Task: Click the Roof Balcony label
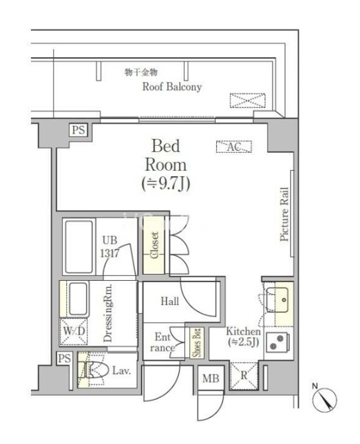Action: pos(172,87)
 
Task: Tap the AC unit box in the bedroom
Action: pos(233,147)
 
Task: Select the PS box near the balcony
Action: pos(78,130)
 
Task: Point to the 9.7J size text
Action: pos(166,184)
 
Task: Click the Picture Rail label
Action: pos(284,214)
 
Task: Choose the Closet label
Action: pos(155,245)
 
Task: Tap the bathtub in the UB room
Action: pos(79,246)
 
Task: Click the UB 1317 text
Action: pos(110,247)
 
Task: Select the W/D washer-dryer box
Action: pos(74,331)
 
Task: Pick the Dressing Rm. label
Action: pos(107,313)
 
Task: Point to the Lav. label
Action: pos(122,370)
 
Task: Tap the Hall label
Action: pos(170,301)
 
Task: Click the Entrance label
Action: pos(162,342)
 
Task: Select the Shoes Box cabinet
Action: pos(197,343)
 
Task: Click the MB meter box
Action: pos(211,378)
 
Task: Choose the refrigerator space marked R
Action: pos(244,376)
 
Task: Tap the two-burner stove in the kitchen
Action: pos(277,342)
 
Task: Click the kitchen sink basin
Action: pos(277,300)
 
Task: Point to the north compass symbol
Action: pos(325,400)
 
